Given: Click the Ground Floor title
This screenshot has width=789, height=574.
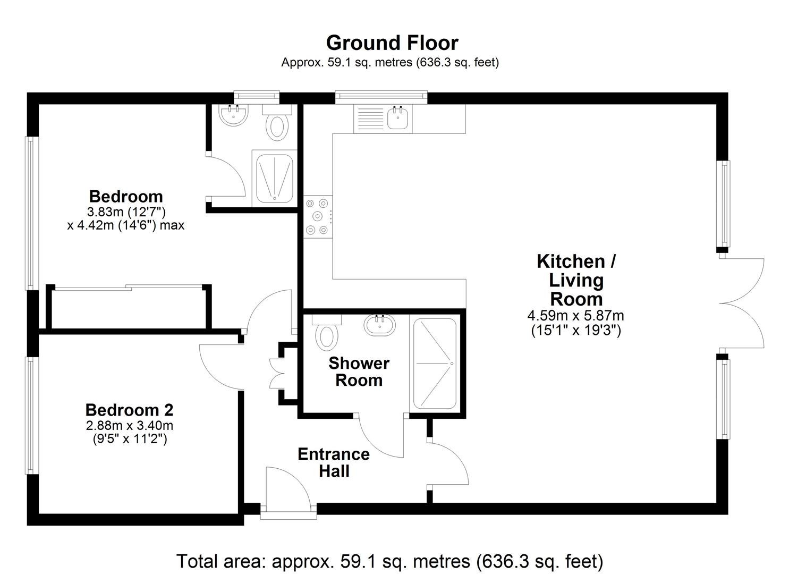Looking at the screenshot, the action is pyautogui.click(x=392, y=43).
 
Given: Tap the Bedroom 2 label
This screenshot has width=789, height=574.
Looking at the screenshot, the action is pyautogui.click(x=129, y=410).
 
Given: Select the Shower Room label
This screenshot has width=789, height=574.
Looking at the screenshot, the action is pyautogui.click(x=359, y=372).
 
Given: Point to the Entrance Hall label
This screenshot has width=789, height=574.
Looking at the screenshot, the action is pyautogui.click(x=334, y=462).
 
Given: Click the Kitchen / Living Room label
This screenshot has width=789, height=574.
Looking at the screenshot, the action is pyautogui.click(x=576, y=280).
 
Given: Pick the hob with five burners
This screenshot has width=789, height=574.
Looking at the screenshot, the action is pyautogui.click(x=317, y=217).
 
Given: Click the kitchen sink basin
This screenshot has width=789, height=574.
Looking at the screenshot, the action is pyautogui.click(x=398, y=119).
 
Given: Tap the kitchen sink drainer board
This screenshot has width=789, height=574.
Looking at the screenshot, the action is pyautogui.click(x=370, y=119).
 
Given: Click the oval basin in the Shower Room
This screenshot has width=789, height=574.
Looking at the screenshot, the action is pyautogui.click(x=380, y=325).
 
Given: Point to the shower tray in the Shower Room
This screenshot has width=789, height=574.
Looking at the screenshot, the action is pyautogui.click(x=435, y=364).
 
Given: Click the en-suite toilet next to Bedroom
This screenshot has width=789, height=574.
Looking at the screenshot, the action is pyautogui.click(x=277, y=123).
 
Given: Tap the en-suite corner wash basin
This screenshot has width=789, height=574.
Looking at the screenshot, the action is pyautogui.click(x=233, y=115).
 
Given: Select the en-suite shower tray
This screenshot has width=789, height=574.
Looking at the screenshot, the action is pyautogui.click(x=274, y=179).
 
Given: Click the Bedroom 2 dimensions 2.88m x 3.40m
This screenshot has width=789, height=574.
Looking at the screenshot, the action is pyautogui.click(x=129, y=426).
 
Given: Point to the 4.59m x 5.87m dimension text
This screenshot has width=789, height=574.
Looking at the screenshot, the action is pyautogui.click(x=575, y=315).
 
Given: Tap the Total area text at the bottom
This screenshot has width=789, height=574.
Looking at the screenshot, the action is pyautogui.click(x=390, y=561).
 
